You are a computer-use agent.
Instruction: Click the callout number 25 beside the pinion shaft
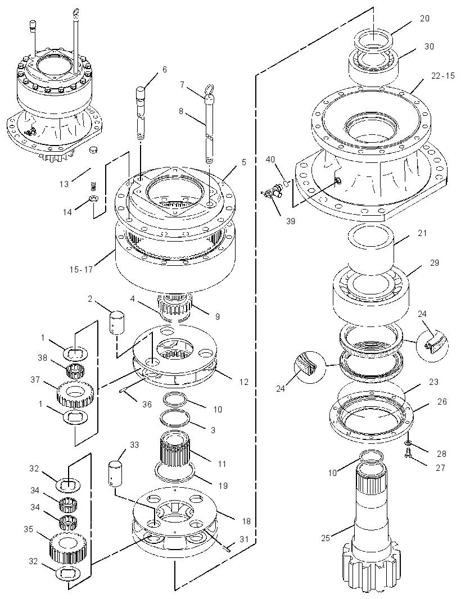326,538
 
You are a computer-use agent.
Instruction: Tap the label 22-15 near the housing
443,76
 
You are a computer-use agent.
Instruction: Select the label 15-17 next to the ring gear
81,270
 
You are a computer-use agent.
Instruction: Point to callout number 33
134,445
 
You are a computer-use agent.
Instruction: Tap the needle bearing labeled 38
75,370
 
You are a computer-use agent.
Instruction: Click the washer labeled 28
408,442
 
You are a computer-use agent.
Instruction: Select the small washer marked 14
93,198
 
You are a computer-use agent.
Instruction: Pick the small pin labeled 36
125,391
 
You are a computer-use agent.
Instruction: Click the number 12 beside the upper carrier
243,382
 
